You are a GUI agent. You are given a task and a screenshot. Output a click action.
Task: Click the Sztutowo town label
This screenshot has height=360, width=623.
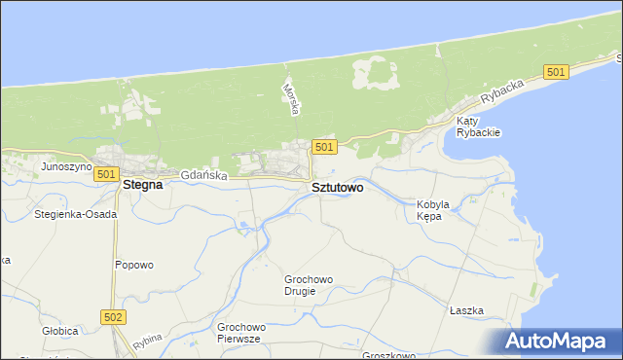tap(337, 187)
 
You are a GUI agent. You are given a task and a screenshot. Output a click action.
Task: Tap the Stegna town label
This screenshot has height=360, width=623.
tap(141, 182)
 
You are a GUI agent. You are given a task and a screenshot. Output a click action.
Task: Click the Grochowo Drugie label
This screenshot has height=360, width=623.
tap(309, 285)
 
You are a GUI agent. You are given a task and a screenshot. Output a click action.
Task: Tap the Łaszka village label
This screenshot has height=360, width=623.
tap(466, 310)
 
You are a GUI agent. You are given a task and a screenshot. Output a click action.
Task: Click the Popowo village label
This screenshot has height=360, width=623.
tap(134, 265)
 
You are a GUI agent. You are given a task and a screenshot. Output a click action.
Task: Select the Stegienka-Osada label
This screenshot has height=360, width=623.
tap(75, 213)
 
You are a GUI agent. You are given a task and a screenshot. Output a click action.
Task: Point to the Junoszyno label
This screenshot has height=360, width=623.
tap(66, 166)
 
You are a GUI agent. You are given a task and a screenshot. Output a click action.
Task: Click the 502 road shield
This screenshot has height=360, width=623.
tap(113, 316)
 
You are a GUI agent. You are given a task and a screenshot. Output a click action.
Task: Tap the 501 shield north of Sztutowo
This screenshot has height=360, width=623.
tap(324, 147)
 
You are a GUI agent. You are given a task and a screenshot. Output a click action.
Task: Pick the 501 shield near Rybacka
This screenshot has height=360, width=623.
tap(556, 73)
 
